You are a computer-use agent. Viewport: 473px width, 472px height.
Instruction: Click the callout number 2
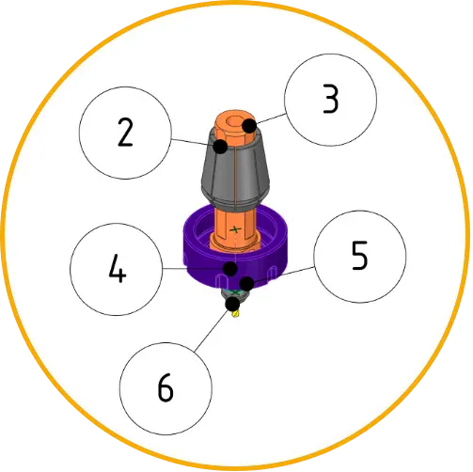tap(125, 133)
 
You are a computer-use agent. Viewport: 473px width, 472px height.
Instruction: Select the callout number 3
tap(331, 99)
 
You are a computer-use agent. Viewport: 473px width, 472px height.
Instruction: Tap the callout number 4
tap(117, 268)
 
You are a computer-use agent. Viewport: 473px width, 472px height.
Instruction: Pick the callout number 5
tap(359, 256)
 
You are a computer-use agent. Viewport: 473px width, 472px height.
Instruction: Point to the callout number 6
tap(166, 387)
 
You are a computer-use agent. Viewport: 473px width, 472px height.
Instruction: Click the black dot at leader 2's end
tap(220, 146)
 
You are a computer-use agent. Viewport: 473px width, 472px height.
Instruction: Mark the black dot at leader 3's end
tap(249, 126)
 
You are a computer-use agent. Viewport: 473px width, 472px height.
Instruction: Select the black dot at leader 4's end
tap(230, 269)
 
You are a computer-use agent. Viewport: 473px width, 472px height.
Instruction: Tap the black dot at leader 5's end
tap(246, 284)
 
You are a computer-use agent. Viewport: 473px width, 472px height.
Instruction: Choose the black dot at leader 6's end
tap(232, 304)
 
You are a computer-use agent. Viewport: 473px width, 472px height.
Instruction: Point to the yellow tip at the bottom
tap(235, 313)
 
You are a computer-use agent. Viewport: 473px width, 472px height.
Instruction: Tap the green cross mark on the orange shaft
tap(235, 229)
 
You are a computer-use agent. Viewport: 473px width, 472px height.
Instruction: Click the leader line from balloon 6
tap(211, 331)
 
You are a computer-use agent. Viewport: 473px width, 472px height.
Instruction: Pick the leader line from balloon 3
tap(272, 118)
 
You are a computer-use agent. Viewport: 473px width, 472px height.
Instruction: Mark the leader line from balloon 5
tap(284, 275)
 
